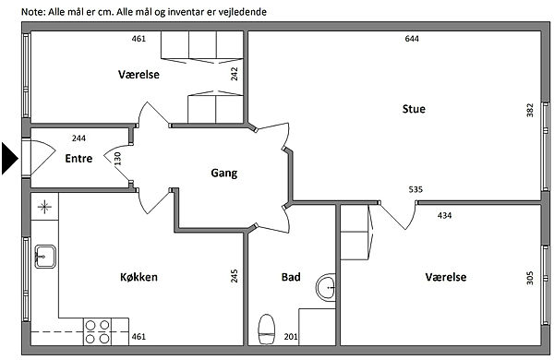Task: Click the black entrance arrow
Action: (x=9, y=158)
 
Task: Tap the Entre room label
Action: (x=78, y=158)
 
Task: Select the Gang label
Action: (x=224, y=174)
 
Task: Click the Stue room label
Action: (x=414, y=109)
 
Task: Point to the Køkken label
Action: (x=138, y=277)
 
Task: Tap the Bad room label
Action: (x=291, y=277)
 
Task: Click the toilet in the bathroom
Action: (x=267, y=329)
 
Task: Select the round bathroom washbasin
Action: (x=325, y=288)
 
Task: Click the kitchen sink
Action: (x=45, y=257)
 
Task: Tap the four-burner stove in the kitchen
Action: (x=97, y=331)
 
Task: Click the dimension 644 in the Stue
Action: (x=412, y=39)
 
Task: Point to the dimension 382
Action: (x=530, y=110)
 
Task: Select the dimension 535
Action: (x=415, y=189)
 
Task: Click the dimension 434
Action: (x=444, y=215)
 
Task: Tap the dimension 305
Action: (x=530, y=278)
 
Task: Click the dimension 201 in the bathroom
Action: (x=291, y=337)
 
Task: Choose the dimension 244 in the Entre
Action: (x=78, y=138)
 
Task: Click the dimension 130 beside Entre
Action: (x=117, y=159)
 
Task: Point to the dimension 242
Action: (x=235, y=74)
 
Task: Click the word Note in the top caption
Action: (x=33, y=12)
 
